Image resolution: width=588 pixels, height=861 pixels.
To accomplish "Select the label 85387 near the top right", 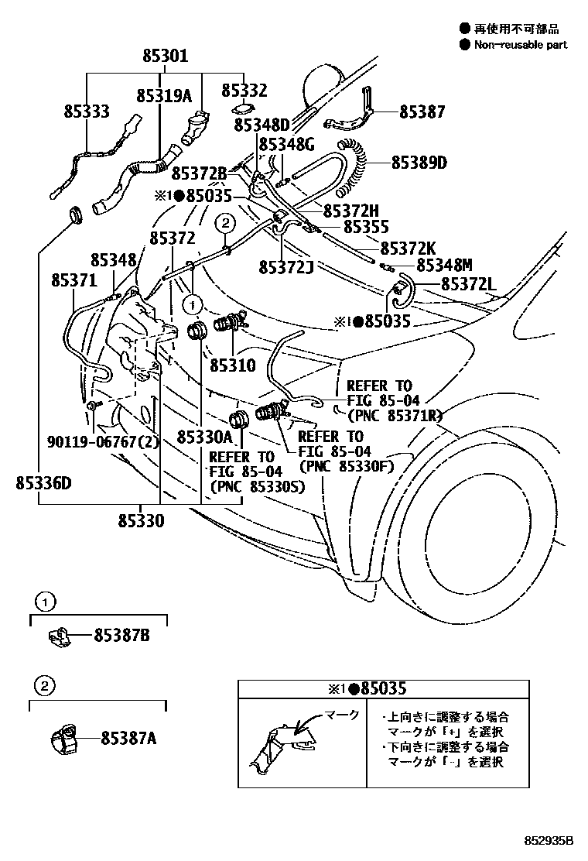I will tap(422, 112).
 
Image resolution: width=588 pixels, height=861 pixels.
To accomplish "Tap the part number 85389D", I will tap(419, 163).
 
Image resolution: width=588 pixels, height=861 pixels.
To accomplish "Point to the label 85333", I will tap(87, 112).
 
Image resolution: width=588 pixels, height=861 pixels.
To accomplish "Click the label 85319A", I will tap(164, 96).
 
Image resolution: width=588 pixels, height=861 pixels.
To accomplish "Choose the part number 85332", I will tap(244, 91).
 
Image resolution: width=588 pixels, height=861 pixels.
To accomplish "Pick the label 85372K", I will tap(409, 248).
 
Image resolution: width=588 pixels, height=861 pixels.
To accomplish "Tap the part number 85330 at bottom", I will tap(141, 520).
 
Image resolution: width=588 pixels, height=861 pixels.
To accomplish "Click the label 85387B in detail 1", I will tap(121, 636).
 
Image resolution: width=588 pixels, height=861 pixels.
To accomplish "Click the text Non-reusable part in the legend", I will tap(521, 45).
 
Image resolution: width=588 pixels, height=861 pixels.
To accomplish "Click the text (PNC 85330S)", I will tap(256, 486).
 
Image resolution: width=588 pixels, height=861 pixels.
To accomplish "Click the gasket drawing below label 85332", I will tap(241, 108).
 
